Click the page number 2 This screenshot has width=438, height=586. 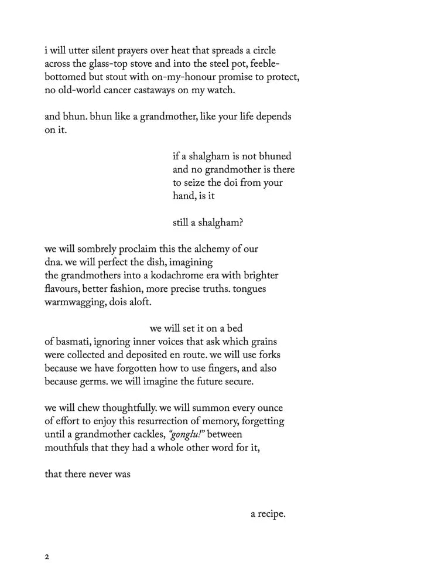pyautogui.click(x=47, y=557)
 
